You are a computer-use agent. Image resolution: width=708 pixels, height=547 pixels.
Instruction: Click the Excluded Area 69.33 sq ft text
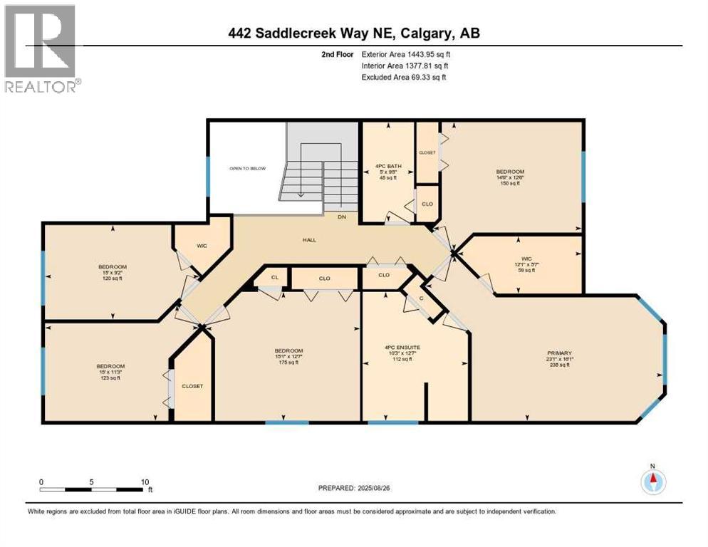pos(403,77)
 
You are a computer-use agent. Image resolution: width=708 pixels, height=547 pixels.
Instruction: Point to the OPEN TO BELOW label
pos(247,169)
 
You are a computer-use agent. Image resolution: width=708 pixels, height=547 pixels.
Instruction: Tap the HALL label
pos(308,240)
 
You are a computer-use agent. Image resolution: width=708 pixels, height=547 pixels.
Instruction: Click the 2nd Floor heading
pos(338,53)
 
